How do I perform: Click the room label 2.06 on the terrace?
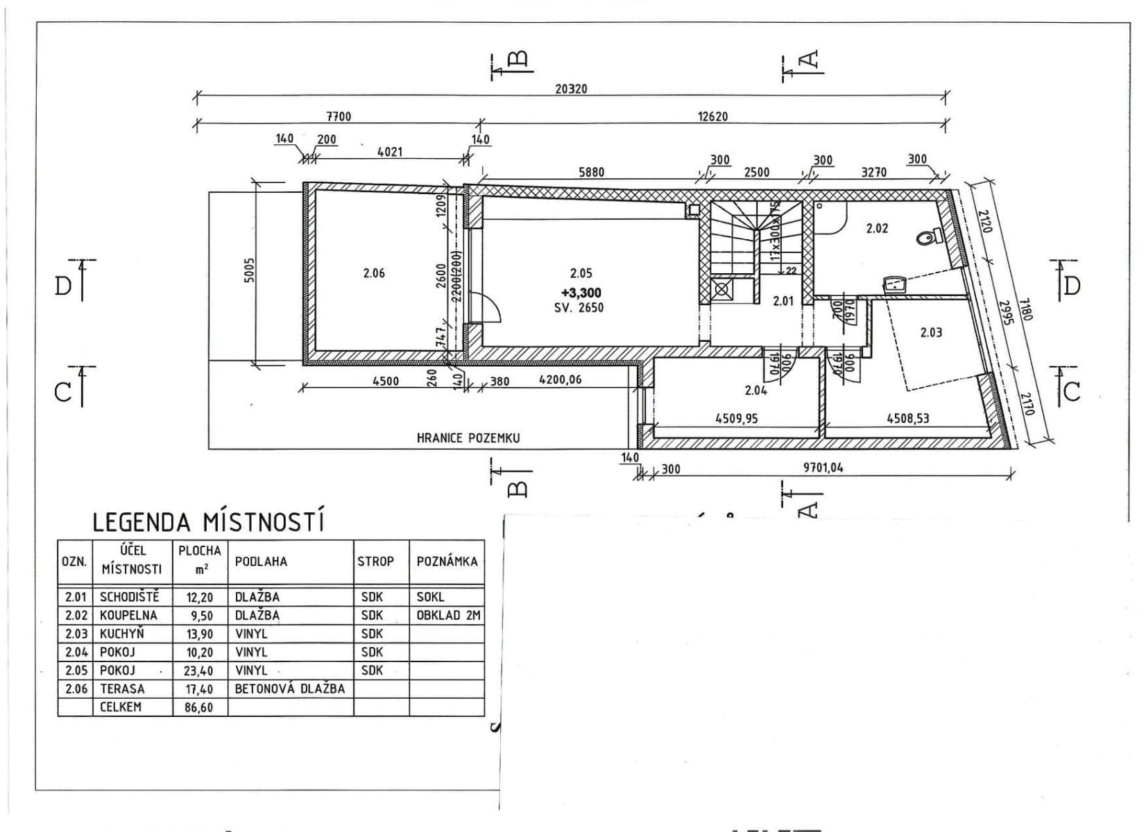[x=373, y=273]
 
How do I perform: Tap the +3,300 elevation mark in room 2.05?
[x=581, y=293]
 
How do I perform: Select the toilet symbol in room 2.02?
[x=927, y=239]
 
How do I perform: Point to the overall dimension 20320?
[x=571, y=89]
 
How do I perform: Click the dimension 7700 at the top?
[x=338, y=116]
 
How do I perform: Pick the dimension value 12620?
[x=712, y=116]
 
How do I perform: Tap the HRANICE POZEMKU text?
[x=468, y=438]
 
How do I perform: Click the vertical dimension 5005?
[x=250, y=270]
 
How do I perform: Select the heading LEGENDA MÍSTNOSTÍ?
[x=208, y=521]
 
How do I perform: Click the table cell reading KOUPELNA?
[x=128, y=615]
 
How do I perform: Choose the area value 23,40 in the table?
[x=199, y=671]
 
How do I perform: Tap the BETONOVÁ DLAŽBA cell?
[x=290, y=689]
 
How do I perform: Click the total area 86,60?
[x=199, y=708]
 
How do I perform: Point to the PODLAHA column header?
[x=261, y=562]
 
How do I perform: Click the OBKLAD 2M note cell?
[x=448, y=615]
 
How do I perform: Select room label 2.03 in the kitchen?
[x=931, y=332]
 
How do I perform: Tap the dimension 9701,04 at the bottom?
[x=823, y=467]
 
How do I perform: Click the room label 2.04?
[x=755, y=390]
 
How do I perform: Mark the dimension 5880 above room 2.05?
[x=591, y=172]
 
